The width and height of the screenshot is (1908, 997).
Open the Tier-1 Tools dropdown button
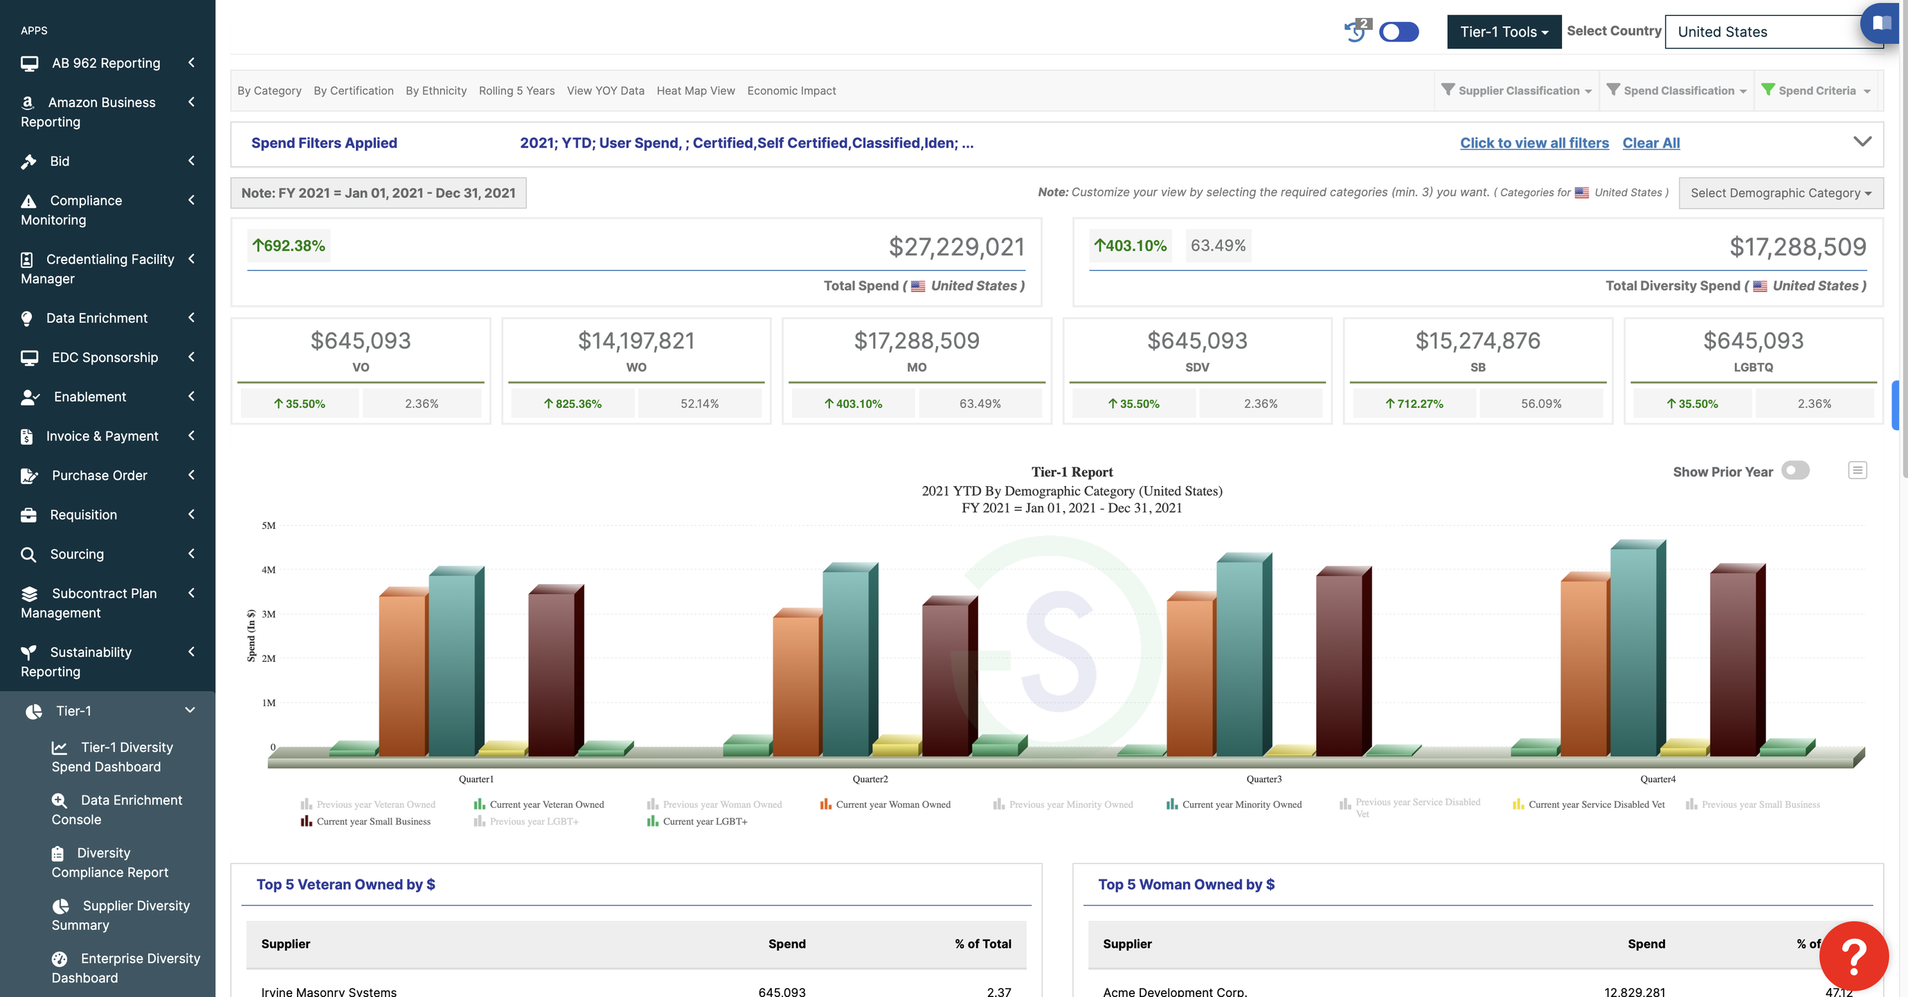(x=1504, y=32)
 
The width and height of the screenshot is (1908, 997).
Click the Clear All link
(x=1650, y=143)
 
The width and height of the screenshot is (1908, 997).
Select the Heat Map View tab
(x=696, y=91)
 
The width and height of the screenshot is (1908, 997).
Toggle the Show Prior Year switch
(x=1794, y=471)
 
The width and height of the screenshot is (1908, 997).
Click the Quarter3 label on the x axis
(x=1263, y=778)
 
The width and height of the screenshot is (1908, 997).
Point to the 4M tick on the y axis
(x=268, y=570)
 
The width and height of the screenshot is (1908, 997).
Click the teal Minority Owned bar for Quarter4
(x=1635, y=652)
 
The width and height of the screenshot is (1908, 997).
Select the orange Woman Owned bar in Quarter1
(x=403, y=674)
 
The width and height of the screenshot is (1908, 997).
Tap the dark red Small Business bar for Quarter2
(x=946, y=678)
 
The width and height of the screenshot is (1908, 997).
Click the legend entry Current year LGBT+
(x=704, y=821)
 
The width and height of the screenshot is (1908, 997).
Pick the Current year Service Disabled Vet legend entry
(x=1596, y=805)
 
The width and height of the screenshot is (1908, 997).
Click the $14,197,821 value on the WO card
(x=636, y=341)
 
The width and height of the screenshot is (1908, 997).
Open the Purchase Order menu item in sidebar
(x=99, y=476)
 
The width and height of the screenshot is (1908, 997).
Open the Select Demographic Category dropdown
(x=1780, y=192)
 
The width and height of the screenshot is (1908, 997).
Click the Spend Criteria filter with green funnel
(x=1816, y=91)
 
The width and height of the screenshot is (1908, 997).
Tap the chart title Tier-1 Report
(x=1072, y=471)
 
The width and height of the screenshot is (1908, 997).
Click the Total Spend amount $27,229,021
(x=956, y=246)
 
